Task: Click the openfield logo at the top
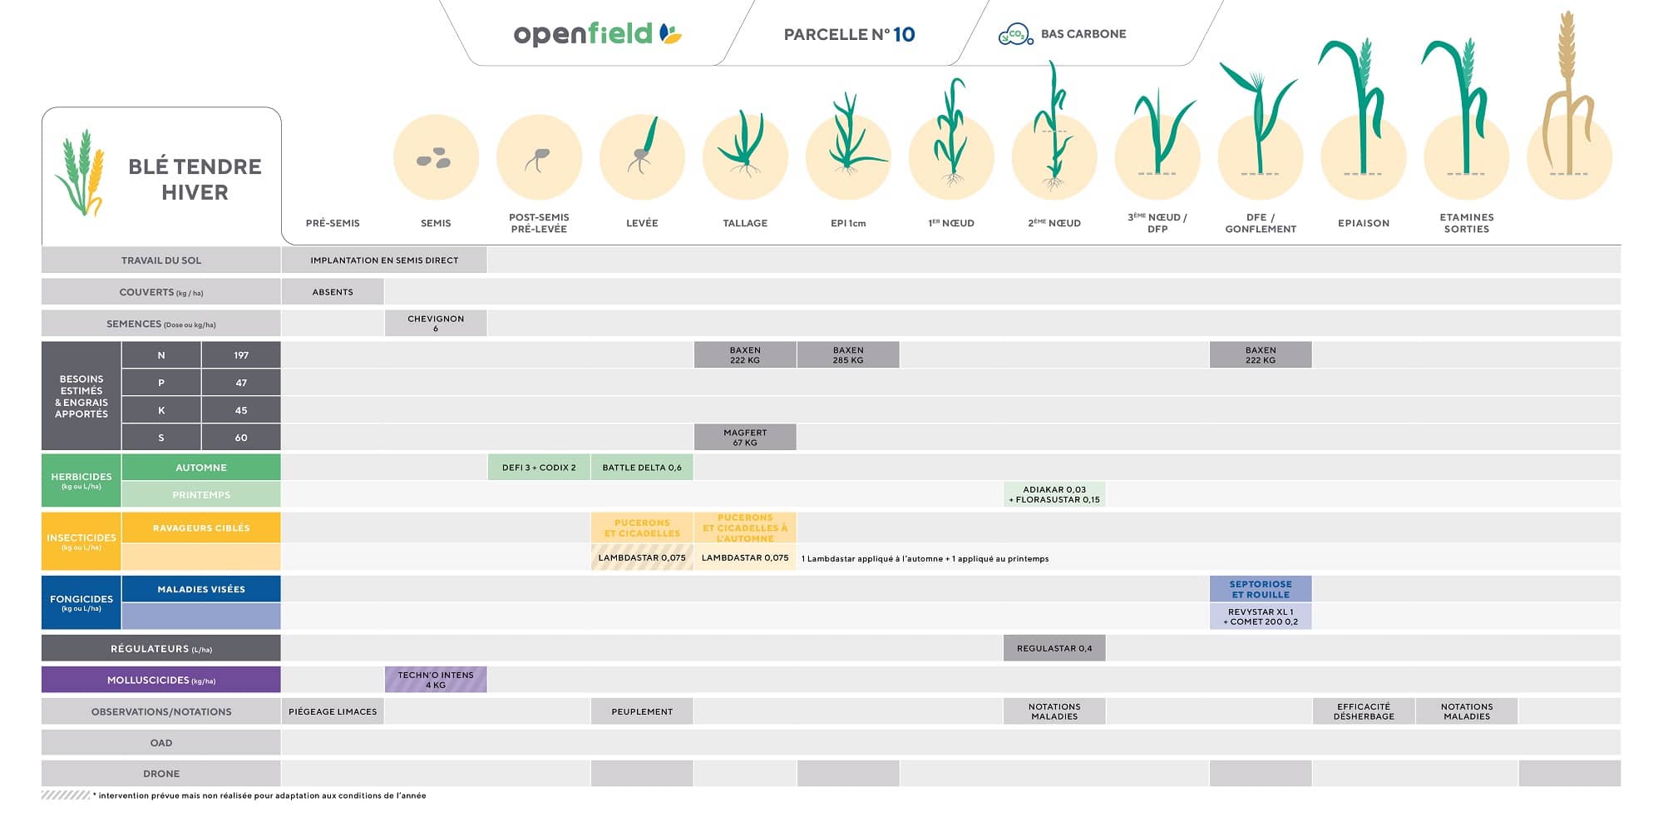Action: tap(597, 34)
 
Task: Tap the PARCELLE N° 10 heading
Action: tap(849, 34)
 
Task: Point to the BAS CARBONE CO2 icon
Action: tap(1014, 34)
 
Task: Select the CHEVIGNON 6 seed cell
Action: tap(436, 324)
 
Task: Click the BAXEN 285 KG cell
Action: tap(848, 355)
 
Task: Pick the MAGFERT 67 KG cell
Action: tap(745, 438)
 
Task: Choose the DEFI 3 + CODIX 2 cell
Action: tap(539, 468)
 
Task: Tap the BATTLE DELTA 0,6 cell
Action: tap(642, 468)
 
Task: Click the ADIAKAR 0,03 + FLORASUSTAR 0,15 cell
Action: tap(1054, 495)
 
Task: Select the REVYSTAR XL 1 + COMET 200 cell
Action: tap(1261, 617)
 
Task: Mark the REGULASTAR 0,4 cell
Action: tap(1054, 648)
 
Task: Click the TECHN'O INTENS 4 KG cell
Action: tap(436, 680)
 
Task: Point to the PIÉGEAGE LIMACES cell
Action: tap(333, 711)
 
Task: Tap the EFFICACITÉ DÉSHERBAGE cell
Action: tap(1364, 711)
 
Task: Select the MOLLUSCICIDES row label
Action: tap(161, 680)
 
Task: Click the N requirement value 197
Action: tap(241, 355)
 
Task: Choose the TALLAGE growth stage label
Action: tap(745, 223)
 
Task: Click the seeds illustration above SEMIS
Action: tap(435, 158)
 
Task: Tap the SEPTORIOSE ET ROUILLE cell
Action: tap(1261, 589)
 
